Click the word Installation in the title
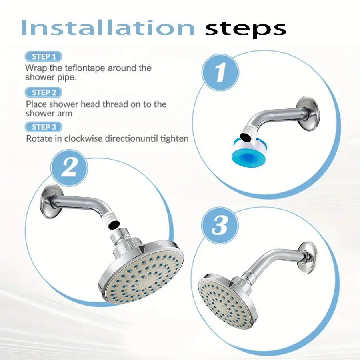(108, 28)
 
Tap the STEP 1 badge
(43, 57)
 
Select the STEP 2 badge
(43, 92)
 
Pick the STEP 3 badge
(43, 127)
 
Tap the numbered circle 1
(220, 72)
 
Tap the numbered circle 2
(69, 168)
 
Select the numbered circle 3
(220, 225)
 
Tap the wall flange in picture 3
(308, 258)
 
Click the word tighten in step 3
(174, 138)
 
